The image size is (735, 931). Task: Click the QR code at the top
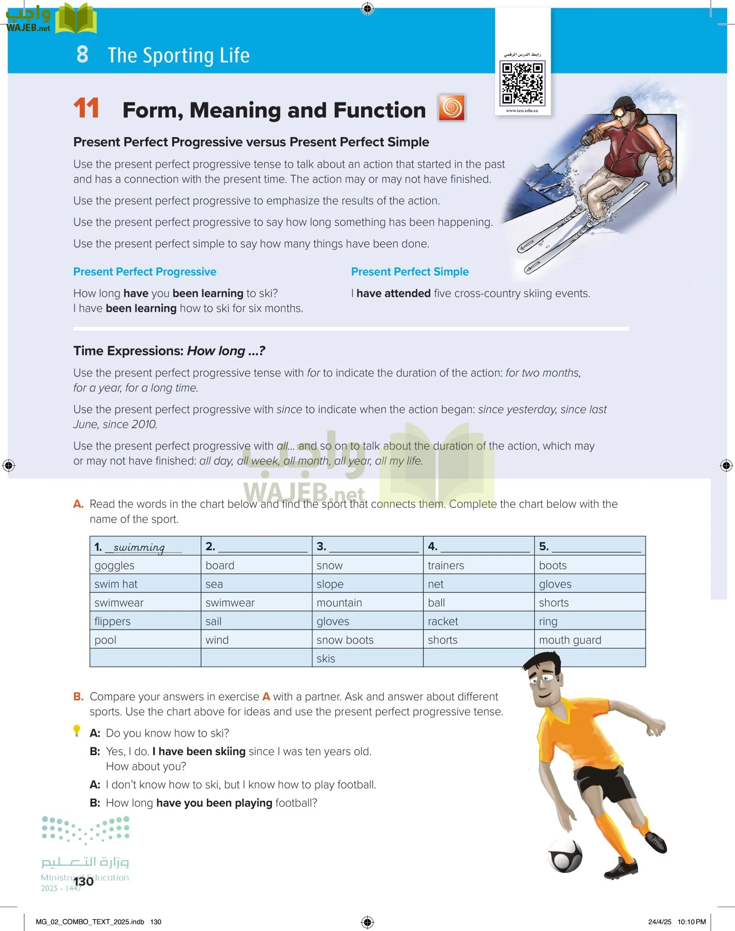point(522,83)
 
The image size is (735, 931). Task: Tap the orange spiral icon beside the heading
point(452,108)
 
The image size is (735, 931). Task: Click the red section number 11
point(86,109)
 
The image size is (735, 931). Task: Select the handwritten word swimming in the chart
point(139,547)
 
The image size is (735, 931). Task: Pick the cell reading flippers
point(113,621)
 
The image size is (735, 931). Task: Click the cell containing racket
point(443,621)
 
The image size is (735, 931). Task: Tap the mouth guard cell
point(570,640)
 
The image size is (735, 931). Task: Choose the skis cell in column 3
point(326,658)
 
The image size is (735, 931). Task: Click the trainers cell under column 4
point(446,565)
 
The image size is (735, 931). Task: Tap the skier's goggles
point(619,111)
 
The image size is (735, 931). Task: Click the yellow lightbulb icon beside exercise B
point(77,730)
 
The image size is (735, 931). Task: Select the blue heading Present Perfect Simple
point(410,272)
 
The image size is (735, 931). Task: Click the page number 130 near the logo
point(83,881)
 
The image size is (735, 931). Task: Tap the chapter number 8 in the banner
point(82,54)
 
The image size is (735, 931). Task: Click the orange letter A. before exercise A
point(79,504)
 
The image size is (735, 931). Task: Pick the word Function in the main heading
point(380,110)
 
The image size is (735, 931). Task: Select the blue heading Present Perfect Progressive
point(145,272)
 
